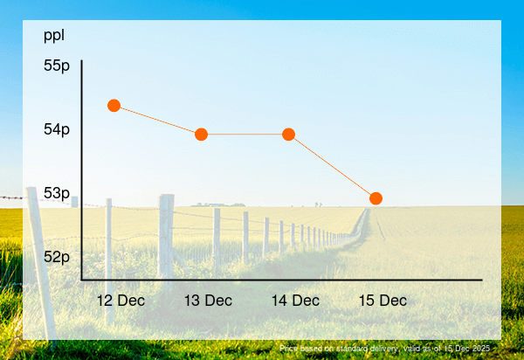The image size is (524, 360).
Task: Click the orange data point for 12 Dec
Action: tap(114, 106)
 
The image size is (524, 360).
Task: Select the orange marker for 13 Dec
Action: tap(201, 135)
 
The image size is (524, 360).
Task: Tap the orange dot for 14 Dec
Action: tap(288, 135)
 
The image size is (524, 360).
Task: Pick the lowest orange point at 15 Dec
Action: tap(376, 198)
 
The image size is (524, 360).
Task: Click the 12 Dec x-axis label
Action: tap(121, 301)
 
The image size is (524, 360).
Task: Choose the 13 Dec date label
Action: tap(208, 301)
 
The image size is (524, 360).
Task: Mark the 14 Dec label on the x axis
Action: tap(295, 301)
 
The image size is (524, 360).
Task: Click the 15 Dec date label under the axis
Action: tap(383, 301)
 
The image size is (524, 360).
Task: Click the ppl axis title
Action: tap(54, 36)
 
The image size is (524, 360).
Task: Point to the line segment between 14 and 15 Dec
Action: tap(332, 166)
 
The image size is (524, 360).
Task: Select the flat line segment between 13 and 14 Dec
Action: tap(245, 135)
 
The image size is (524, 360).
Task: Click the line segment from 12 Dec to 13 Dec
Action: tap(157, 120)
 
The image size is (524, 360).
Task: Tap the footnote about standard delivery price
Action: tap(385, 349)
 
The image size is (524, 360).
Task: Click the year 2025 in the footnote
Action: tap(481, 349)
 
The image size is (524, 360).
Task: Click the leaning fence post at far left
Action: tap(39, 262)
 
